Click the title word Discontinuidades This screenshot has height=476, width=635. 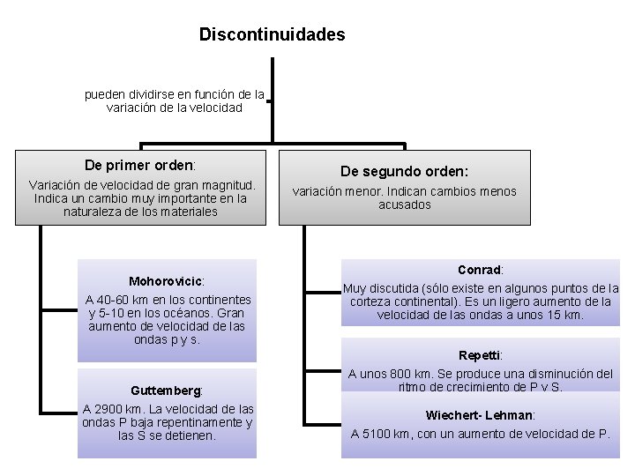272,35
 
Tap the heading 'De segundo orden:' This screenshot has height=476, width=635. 406,172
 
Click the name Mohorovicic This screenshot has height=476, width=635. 166,281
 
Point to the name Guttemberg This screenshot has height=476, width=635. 166,390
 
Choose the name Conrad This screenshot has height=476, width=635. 480,270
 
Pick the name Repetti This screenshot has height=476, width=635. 480,355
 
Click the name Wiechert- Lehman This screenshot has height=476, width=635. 480,414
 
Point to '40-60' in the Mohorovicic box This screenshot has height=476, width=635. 117,300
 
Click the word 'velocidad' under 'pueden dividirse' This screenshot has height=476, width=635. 214,108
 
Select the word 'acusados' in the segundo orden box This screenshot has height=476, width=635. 405,205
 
